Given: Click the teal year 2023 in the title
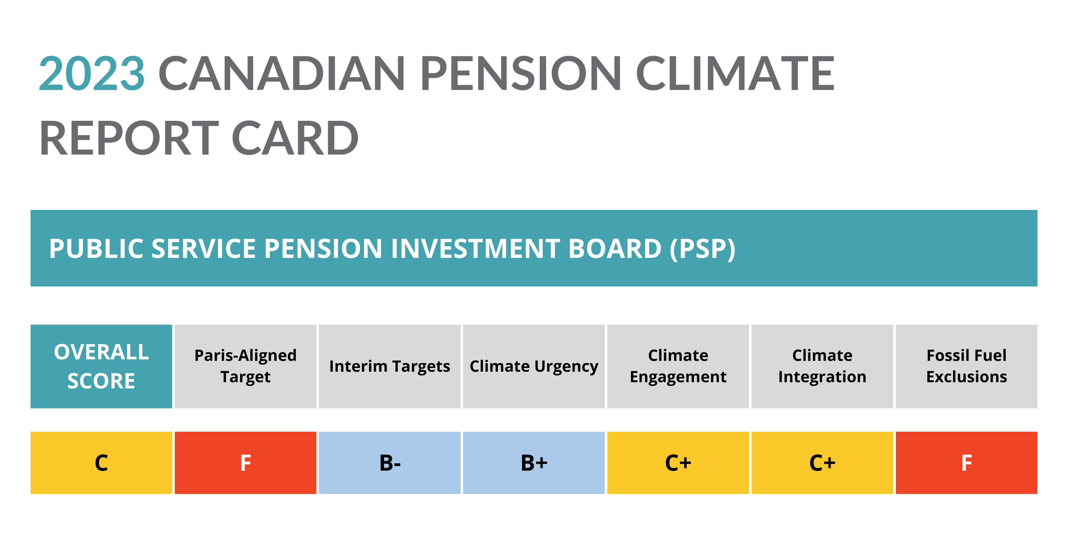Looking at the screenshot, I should [91, 73].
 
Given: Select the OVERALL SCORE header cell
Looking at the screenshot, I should [101, 366].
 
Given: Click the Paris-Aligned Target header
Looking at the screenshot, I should [245, 366].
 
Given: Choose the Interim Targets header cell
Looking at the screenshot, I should [390, 366].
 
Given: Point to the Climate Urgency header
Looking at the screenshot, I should [534, 366].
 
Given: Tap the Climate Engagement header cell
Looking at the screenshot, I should [678, 366].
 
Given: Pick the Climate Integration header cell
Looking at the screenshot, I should [822, 366].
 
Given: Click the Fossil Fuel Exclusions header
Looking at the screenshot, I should [966, 366].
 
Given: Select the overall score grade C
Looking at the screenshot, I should [101, 463].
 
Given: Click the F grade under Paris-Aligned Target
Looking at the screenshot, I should [245, 463].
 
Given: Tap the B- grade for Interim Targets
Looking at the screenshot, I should [390, 463].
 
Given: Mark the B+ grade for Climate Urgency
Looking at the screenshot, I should [534, 463].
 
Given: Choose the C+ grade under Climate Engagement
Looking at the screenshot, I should [678, 463].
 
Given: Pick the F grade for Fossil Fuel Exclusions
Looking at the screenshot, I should [966, 463].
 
